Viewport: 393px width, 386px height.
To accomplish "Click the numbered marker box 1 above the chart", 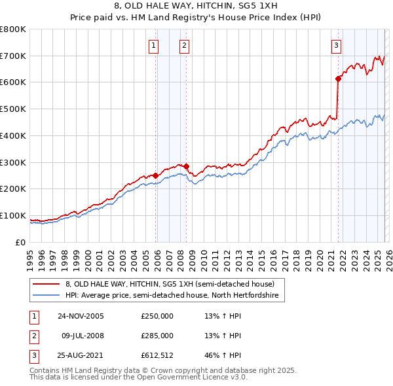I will (153, 45).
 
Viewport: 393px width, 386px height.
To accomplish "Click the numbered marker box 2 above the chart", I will (184, 45).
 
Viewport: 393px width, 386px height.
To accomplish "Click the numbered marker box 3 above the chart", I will (336, 45).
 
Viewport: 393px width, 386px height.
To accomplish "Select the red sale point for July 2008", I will (187, 166).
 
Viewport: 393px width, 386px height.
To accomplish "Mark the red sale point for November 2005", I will (156, 175).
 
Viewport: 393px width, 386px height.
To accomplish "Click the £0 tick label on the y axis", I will (21, 243).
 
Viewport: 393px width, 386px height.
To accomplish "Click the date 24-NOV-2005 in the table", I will (81, 316).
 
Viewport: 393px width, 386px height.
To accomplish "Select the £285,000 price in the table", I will (157, 336).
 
